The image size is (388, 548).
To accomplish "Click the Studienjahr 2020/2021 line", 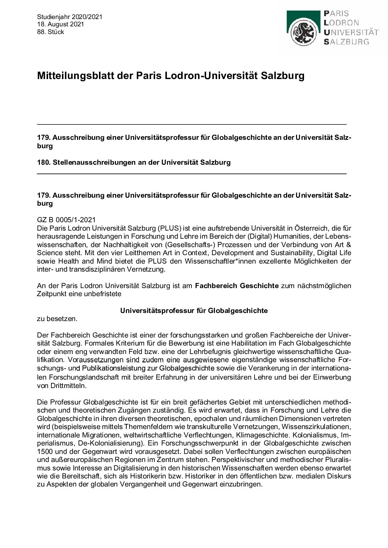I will pyautogui.click(x=69, y=17).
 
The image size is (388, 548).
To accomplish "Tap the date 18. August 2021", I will pyautogui.click(x=61, y=24).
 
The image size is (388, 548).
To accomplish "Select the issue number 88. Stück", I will pyautogui.click(x=51, y=32).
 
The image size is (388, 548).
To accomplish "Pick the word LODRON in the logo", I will pyautogui.click(x=341, y=23).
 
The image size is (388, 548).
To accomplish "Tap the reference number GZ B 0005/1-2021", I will pyautogui.click(x=66, y=220).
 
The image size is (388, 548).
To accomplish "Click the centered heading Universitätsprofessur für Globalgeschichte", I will pyautogui.click(x=194, y=311).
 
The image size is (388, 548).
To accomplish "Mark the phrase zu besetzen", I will pyautogui.click(x=57, y=319).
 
